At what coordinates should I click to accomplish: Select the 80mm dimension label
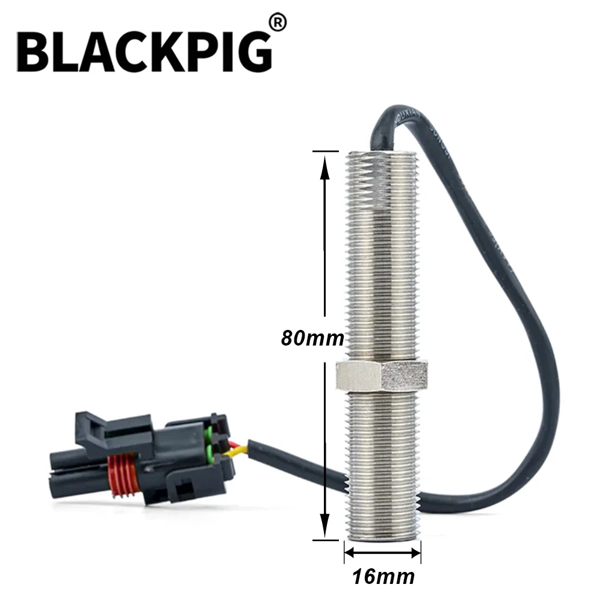pos(312,338)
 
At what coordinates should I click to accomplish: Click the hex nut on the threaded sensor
pos(382,376)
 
